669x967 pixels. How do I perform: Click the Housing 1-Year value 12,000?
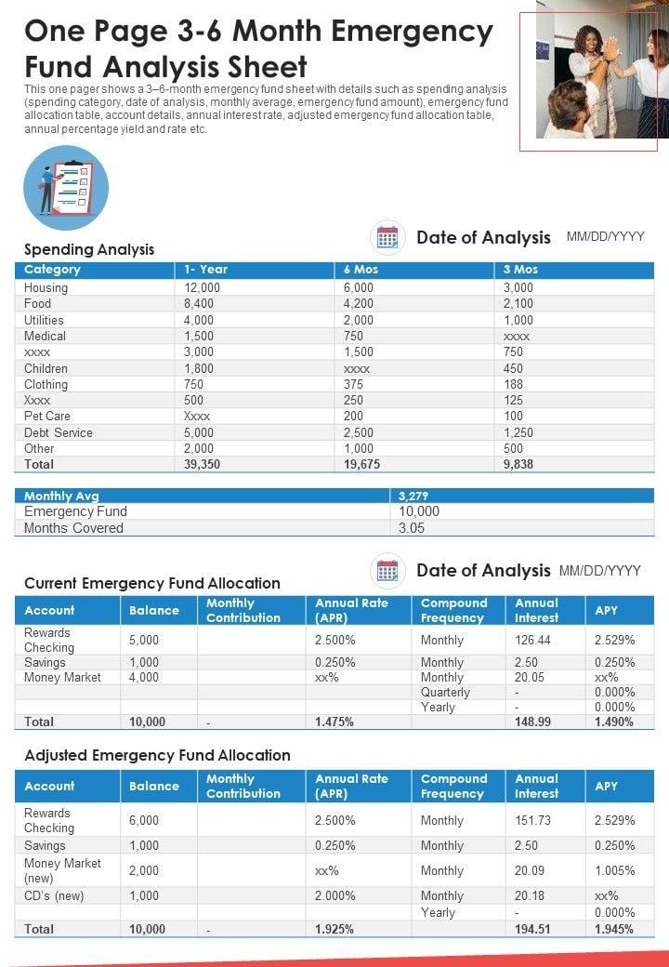click(x=202, y=288)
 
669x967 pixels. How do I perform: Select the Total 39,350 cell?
click(x=202, y=464)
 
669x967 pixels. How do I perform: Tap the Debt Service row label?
click(x=59, y=432)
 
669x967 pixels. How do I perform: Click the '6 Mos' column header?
click(x=361, y=270)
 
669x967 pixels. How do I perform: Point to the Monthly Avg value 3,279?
click(x=413, y=497)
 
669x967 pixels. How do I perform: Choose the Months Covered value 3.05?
click(x=412, y=528)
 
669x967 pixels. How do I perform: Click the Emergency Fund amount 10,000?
click(x=419, y=511)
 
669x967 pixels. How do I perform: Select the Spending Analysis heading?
click(x=89, y=249)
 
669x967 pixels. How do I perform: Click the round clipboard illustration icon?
click(x=65, y=188)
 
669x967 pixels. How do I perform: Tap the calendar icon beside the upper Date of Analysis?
click(x=387, y=238)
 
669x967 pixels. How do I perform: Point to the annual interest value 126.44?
click(x=532, y=640)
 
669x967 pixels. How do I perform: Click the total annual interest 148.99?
click(x=532, y=722)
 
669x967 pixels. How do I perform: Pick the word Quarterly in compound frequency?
click(x=445, y=693)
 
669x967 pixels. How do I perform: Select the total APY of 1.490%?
click(x=614, y=722)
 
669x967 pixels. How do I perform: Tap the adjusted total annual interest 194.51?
click(x=532, y=929)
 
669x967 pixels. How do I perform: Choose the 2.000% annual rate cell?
click(x=335, y=895)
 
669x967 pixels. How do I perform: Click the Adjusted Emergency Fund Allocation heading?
click(x=157, y=755)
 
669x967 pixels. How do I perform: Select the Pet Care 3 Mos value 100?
click(x=513, y=417)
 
